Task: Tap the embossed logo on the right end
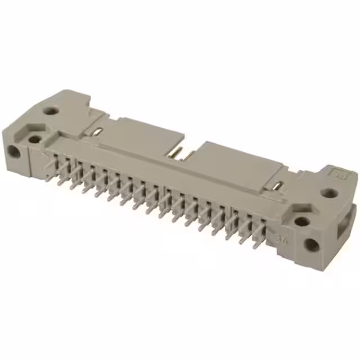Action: click(340, 175)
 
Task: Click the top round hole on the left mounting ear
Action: click(52, 111)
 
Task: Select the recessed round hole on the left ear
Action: click(34, 139)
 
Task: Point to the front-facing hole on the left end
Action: click(13, 151)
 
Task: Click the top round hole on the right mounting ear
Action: click(329, 193)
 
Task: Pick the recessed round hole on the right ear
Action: click(302, 221)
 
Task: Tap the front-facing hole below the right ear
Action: click(311, 245)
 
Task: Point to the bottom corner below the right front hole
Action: click(321, 265)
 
